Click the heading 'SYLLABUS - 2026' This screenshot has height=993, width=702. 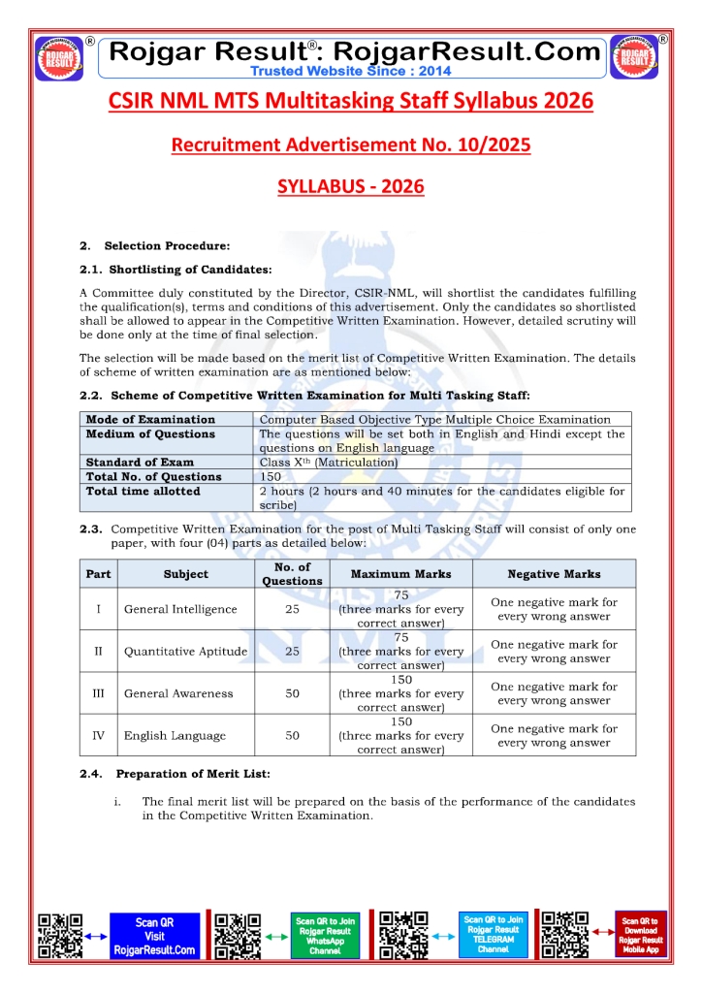tap(350, 185)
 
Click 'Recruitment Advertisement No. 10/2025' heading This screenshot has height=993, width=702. tap(350, 144)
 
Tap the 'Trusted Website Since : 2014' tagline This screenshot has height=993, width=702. tap(350, 70)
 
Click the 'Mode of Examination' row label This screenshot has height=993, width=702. tap(150, 420)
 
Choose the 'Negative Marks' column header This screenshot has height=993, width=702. tap(554, 573)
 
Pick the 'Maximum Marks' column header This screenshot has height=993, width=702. tap(400, 573)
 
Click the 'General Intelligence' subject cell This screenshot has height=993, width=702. tap(180, 609)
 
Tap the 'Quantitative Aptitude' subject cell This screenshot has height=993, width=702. tap(185, 652)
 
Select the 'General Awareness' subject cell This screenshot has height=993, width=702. tap(178, 693)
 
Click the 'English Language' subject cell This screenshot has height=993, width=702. tap(175, 735)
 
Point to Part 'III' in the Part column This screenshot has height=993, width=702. tap(98, 693)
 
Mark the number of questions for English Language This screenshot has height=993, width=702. tap(292, 735)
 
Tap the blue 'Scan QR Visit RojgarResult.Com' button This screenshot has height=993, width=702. tap(154, 937)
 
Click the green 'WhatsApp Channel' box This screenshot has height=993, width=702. tap(325, 937)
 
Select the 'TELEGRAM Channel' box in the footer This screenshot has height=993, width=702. tap(493, 935)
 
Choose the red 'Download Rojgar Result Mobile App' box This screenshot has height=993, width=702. tap(641, 937)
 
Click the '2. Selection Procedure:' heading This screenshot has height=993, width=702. tap(155, 246)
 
